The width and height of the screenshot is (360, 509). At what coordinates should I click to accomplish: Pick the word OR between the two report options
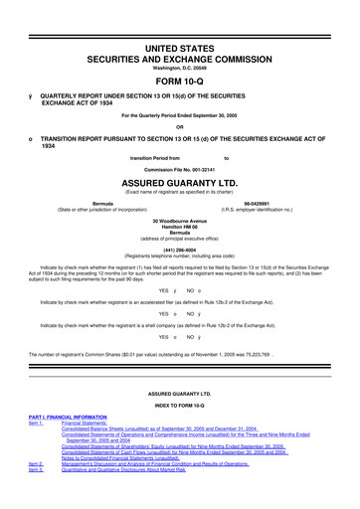(179, 124)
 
